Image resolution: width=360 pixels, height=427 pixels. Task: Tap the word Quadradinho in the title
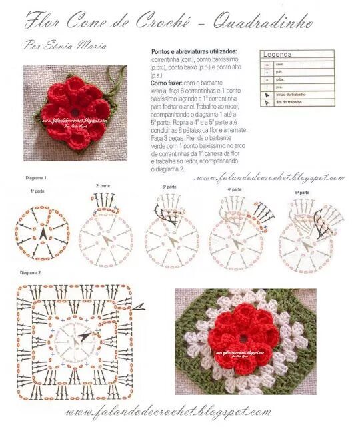[263, 22]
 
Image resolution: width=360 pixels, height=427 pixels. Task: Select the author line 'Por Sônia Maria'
[65, 46]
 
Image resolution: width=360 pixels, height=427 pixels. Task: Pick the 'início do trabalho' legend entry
[294, 95]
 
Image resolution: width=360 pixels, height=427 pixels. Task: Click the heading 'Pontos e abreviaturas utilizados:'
[194, 51]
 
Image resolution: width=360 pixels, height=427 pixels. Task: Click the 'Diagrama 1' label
[36, 179]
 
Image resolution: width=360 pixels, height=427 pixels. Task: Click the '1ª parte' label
[37, 191]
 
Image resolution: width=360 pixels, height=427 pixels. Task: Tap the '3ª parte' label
[169, 187]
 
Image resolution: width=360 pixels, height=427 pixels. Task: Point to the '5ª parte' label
[301, 193]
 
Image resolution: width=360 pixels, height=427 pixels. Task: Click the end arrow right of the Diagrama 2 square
[139, 306]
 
